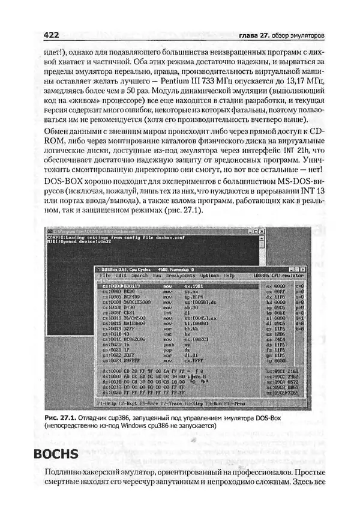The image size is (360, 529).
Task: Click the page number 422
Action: [x=50, y=34]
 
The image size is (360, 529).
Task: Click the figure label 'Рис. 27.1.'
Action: [x=62, y=417]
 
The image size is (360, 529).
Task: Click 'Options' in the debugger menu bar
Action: [x=209, y=276]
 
